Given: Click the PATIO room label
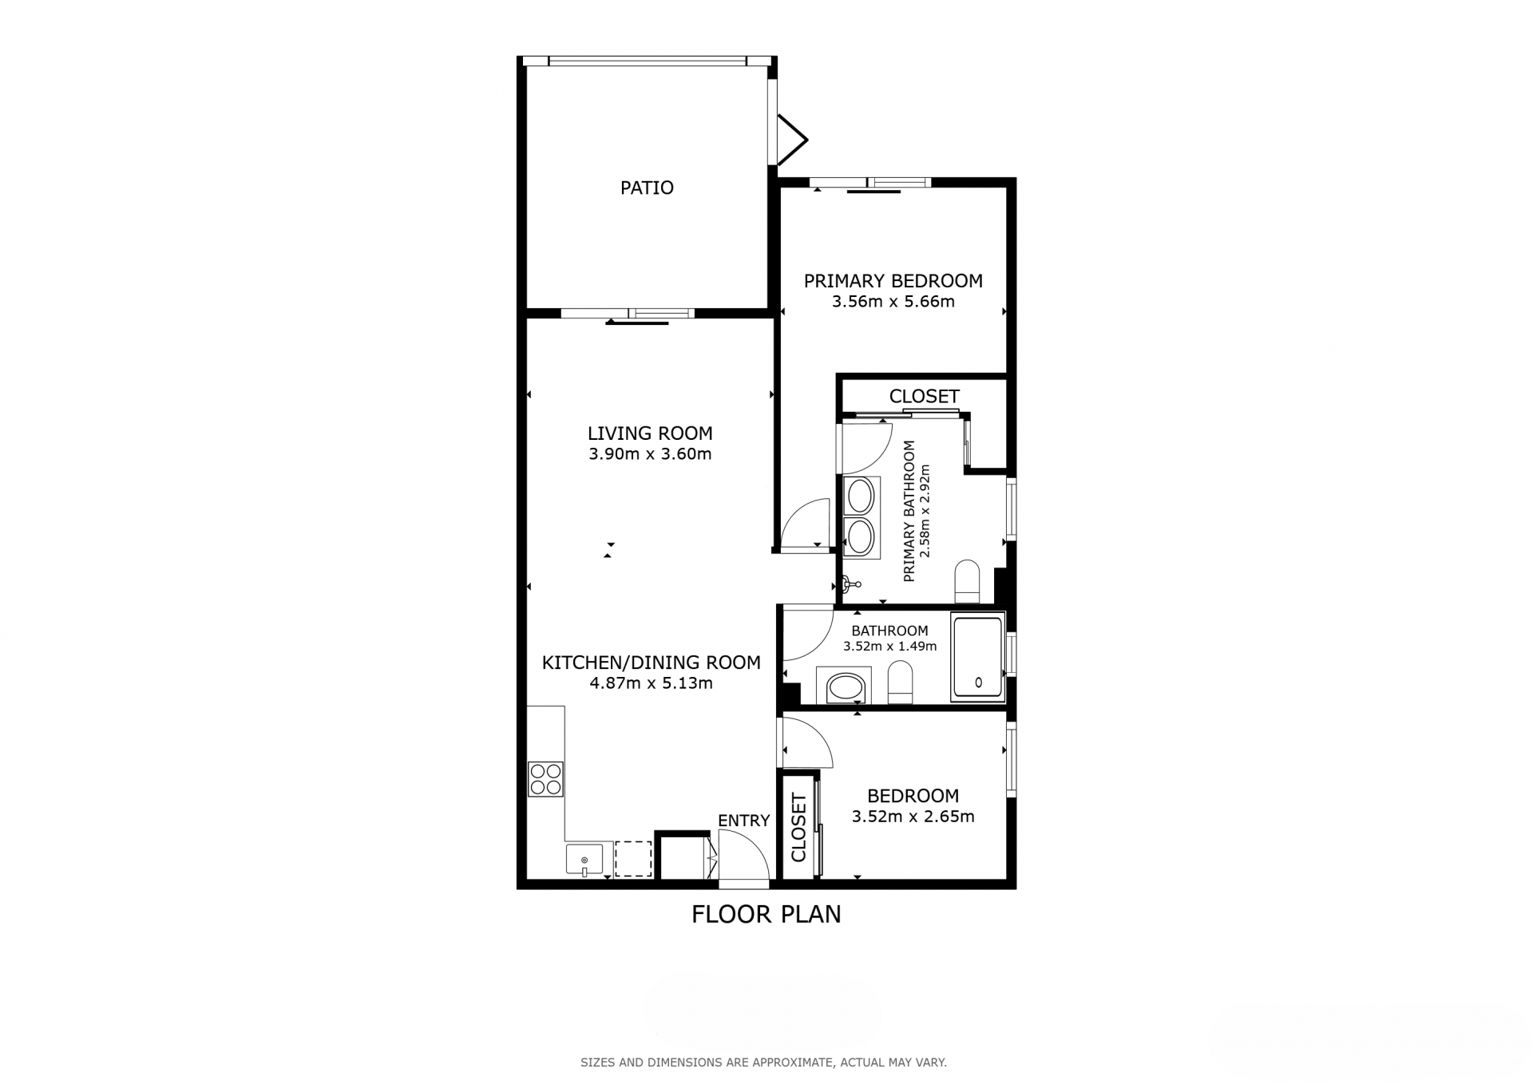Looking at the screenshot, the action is pyautogui.click(x=647, y=188).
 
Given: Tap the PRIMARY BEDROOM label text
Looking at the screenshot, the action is pyautogui.click(x=893, y=281).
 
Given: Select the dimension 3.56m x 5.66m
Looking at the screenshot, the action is pyautogui.click(x=893, y=302).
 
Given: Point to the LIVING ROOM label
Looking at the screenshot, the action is pyautogui.click(x=650, y=433).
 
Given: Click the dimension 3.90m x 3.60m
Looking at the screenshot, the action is pyautogui.click(x=650, y=454).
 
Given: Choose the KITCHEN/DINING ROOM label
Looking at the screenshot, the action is pyautogui.click(x=651, y=663).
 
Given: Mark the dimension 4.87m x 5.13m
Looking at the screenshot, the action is pyautogui.click(x=651, y=683).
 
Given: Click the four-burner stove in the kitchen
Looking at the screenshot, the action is pyautogui.click(x=545, y=779).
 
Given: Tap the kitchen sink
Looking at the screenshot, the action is pyautogui.click(x=584, y=860).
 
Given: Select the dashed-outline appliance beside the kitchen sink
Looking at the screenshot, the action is pyautogui.click(x=633, y=859).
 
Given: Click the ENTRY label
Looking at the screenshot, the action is pyautogui.click(x=743, y=821).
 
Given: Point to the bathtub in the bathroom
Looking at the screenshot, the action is pyautogui.click(x=977, y=659).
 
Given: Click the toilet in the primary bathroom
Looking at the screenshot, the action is pyautogui.click(x=967, y=582).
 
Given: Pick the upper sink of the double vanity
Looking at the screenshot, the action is pyautogui.click(x=861, y=496).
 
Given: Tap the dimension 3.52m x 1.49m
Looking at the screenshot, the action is pyautogui.click(x=889, y=647).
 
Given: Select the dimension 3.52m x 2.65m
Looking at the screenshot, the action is pyautogui.click(x=913, y=817).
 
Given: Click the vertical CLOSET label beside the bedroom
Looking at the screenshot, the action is pyautogui.click(x=798, y=828).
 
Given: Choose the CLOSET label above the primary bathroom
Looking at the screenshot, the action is pyautogui.click(x=924, y=397).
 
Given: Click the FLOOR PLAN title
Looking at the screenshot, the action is pyautogui.click(x=766, y=915).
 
